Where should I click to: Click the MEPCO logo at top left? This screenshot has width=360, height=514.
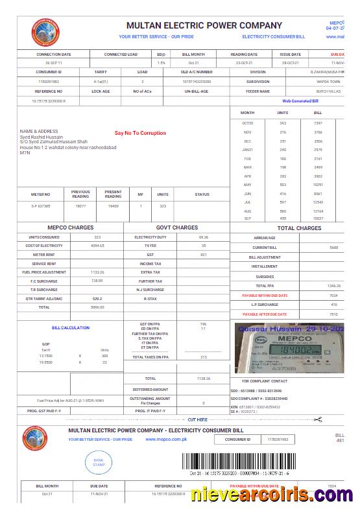pos(45,31)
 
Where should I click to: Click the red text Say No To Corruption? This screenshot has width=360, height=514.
pos(140,133)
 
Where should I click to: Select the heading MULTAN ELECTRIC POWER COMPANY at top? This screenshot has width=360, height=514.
pos(204,25)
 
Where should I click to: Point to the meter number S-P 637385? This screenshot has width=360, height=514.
pos(41,205)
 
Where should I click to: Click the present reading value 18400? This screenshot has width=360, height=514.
pos(113,205)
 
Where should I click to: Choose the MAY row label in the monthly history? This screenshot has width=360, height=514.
pos(247,185)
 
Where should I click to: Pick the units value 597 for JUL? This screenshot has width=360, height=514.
pos(283,202)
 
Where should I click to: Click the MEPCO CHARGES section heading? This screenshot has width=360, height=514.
pos(71,228)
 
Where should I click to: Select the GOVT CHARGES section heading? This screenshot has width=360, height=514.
pos(177,228)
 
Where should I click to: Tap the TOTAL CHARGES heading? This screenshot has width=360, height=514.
pos(299,228)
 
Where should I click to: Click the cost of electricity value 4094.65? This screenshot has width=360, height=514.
pos(97,246)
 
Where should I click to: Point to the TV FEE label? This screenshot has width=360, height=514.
pos(150,246)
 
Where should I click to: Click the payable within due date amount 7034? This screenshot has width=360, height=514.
pos(333,295)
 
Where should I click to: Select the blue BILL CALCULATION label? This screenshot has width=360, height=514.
pos(71,328)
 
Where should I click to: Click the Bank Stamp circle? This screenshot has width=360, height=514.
pos(99,462)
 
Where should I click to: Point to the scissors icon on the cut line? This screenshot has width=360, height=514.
pos(317,420)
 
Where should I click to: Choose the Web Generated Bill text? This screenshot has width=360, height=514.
pos(300,101)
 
